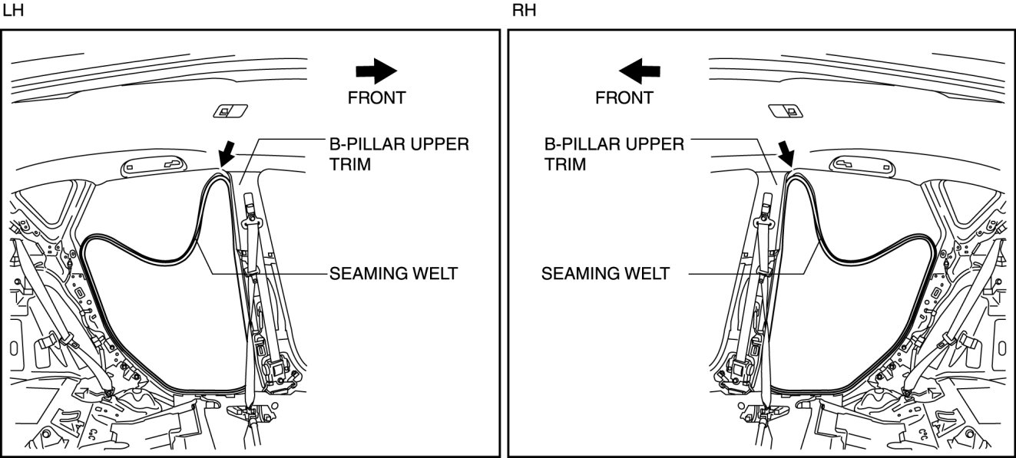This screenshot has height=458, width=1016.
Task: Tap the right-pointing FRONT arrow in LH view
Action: pyautogui.click(x=376, y=71)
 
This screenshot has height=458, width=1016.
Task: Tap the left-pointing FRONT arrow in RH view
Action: pyautogui.click(x=640, y=71)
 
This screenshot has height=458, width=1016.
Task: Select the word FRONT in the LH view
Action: pyautogui.click(x=376, y=97)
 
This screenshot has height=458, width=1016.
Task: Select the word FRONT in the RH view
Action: pyautogui.click(x=624, y=97)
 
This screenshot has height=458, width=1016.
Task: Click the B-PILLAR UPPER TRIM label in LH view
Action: pyautogui.click(x=398, y=153)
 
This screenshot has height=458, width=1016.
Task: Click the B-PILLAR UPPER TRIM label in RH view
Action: pyautogui.click(x=613, y=153)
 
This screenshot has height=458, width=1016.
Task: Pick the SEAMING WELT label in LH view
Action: pyautogui.click(x=393, y=273)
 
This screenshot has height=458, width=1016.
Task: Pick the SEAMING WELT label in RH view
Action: pyautogui.click(x=604, y=273)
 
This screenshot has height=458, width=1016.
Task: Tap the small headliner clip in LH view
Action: pyautogui.click(x=228, y=111)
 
